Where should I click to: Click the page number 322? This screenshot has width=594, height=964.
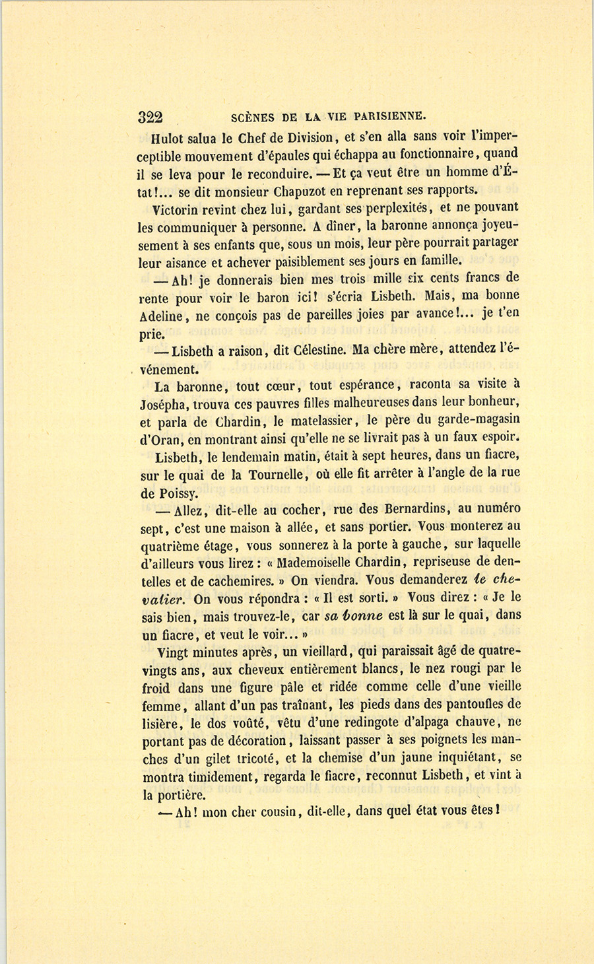click(150, 118)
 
